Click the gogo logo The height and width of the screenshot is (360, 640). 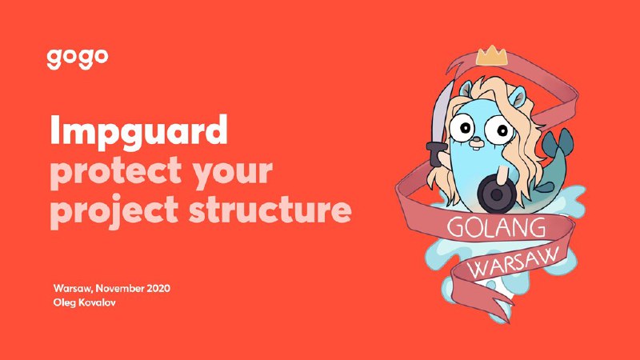coord(77,59)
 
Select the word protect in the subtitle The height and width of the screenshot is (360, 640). coord(115,171)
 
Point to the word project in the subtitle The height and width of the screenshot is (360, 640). coord(114,211)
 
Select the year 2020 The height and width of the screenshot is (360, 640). coord(158,289)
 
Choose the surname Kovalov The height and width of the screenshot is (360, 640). coord(96,303)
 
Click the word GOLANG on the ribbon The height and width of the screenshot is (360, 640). coord(496,228)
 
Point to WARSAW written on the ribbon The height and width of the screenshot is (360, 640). coord(514,262)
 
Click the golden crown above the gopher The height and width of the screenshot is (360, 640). coord(491,55)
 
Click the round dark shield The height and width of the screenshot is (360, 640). coord(497,194)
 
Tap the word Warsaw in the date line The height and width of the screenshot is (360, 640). coord(74,289)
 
